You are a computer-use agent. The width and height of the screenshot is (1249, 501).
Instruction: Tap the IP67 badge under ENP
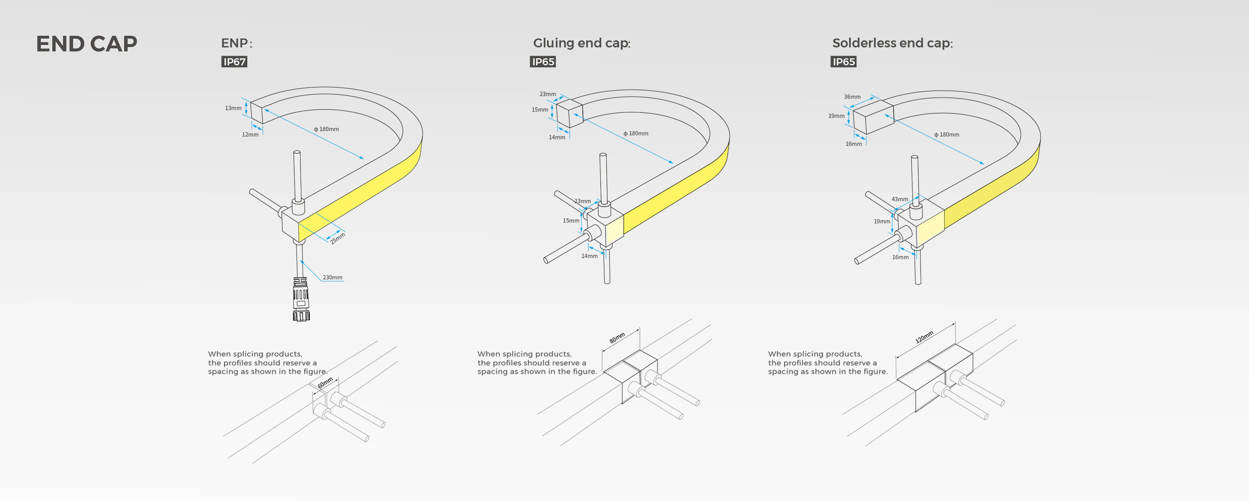tap(234, 62)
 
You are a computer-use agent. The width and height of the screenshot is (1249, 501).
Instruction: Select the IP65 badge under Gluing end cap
tap(543, 62)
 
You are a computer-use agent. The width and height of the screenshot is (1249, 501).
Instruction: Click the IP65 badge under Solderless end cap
tap(844, 62)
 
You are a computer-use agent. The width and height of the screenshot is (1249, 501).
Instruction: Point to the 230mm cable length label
tap(333, 277)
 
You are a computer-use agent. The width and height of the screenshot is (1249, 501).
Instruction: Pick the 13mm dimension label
tap(233, 108)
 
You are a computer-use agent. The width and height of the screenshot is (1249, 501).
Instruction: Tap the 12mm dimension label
tap(250, 134)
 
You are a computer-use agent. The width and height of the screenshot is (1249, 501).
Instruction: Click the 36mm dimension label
tap(852, 97)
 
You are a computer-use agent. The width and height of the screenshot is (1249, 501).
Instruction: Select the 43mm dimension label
tap(899, 199)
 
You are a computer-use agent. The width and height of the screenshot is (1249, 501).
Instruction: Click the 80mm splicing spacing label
tap(617, 338)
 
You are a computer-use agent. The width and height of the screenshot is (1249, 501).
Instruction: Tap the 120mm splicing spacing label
tap(924, 337)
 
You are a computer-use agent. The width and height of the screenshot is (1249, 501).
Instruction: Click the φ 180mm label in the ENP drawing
tap(326, 129)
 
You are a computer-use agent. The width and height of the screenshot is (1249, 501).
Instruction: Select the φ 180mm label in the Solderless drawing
tap(947, 134)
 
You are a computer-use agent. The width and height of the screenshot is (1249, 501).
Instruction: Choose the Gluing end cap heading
tap(581, 43)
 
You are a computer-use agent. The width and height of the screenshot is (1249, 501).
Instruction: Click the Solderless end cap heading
tap(892, 43)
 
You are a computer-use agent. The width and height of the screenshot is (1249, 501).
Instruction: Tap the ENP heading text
tap(236, 43)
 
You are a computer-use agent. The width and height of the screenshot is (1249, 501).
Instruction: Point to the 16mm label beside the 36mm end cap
tap(853, 144)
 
